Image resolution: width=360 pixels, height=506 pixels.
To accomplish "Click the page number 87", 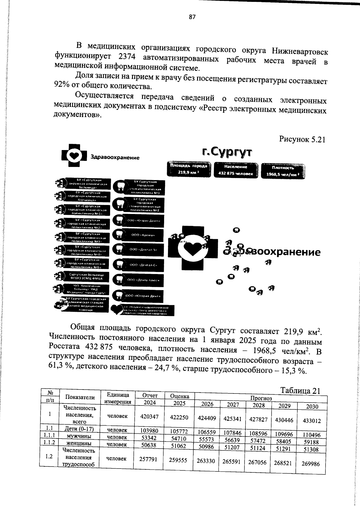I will [x=192, y=17].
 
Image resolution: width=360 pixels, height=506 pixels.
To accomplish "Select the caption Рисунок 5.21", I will [x=302, y=140].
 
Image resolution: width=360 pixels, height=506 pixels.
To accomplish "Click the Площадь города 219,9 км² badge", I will [x=189, y=169].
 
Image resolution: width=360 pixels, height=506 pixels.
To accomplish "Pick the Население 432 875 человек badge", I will [x=235, y=170].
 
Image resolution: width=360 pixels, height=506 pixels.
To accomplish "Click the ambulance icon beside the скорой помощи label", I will [x=61, y=304].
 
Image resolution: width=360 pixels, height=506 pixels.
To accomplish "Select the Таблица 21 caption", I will [x=300, y=391].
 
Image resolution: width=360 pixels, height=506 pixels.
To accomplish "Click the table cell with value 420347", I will [x=149, y=417].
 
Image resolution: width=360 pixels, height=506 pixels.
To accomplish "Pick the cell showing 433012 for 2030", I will [x=311, y=420].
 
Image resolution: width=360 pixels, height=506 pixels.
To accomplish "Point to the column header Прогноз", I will [x=261, y=398].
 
